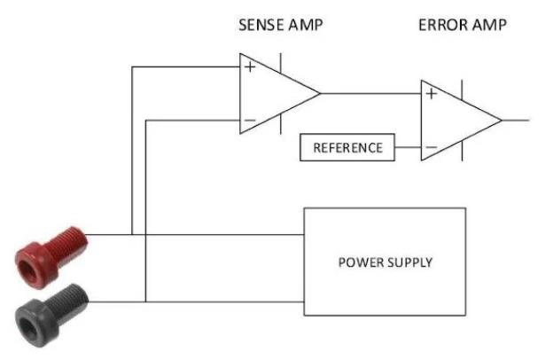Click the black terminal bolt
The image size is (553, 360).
(x=50, y=306)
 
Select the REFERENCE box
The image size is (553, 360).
(x=347, y=147)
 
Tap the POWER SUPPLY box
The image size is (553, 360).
(x=385, y=262)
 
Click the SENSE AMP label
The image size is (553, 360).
(x=280, y=25)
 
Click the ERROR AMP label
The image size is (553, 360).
(x=462, y=25)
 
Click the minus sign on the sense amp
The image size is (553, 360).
(x=250, y=120)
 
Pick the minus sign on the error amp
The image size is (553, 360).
(x=432, y=146)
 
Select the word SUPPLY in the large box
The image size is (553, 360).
(x=410, y=262)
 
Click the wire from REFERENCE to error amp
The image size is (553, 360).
(x=406, y=147)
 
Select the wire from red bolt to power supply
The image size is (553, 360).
(x=222, y=235)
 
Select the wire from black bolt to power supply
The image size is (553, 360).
(x=222, y=302)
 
